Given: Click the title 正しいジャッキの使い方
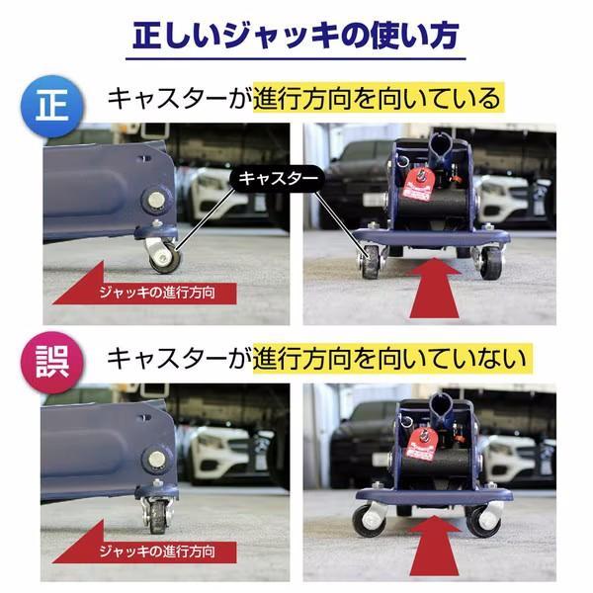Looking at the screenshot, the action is tap(296, 36).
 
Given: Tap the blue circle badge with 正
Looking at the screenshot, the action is tap(52, 107).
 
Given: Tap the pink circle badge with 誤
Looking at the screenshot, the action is tap(52, 363).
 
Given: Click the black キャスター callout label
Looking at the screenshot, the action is tap(277, 178).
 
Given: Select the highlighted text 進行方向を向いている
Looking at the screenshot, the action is tap(378, 98).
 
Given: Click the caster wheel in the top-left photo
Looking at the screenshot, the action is tap(165, 258).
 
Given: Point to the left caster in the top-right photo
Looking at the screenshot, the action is tap(372, 262).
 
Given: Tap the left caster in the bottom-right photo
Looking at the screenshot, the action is tap(369, 521).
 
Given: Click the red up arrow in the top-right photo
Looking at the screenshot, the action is tap(434, 288).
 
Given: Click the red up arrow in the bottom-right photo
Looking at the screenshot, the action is tap(434, 547).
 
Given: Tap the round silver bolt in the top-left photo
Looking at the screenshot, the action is tap(156, 200).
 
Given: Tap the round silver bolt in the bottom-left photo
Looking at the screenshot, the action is tap(156, 459).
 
